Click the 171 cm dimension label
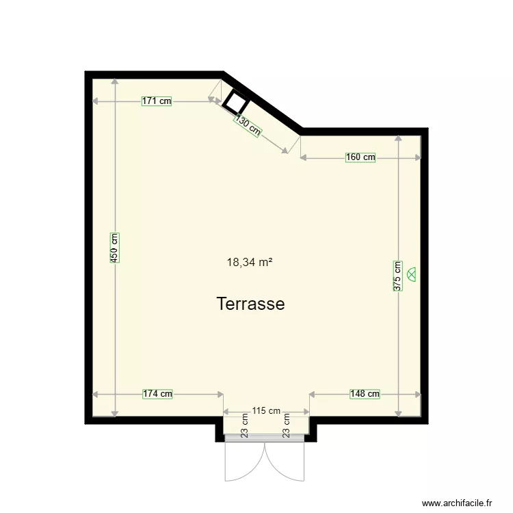157,101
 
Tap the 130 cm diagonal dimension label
248,125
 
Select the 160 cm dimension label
360,157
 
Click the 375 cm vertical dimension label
397,276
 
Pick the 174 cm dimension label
157,393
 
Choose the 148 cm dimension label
365,393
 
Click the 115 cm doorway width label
266,411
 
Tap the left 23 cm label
245,425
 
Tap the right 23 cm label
287,425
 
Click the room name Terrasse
250,304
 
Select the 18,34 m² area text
250,261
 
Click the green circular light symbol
412,274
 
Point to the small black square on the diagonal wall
235,103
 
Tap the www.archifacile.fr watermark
457,503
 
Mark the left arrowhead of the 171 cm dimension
95,101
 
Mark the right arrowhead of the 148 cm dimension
418,393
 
